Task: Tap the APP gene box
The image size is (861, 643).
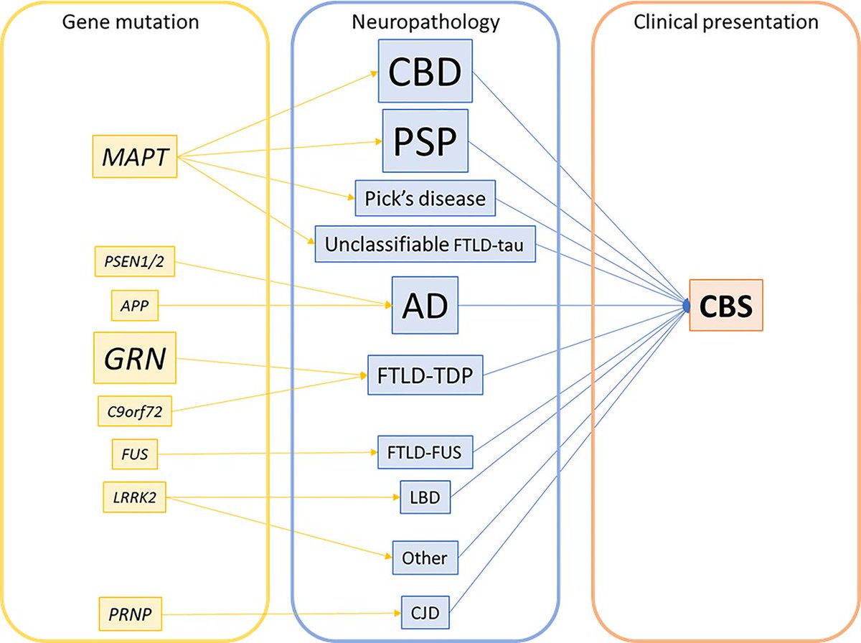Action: [134, 306]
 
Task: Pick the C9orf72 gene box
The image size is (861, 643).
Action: [134, 411]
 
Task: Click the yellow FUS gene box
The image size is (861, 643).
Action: [134, 454]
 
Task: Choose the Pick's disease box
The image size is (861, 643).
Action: [425, 197]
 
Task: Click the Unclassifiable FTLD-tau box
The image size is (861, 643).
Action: [425, 244]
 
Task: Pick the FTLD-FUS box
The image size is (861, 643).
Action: [425, 453]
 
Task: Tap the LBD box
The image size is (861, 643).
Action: [425, 497]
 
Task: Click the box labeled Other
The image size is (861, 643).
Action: [425, 557]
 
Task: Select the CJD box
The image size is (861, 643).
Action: [425, 614]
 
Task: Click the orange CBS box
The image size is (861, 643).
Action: [726, 306]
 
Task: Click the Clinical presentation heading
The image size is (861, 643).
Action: [726, 22]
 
